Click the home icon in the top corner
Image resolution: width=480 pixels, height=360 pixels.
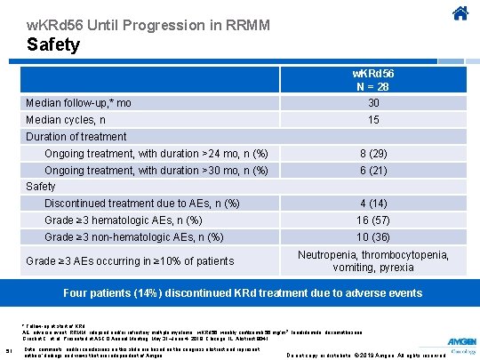point(459,14)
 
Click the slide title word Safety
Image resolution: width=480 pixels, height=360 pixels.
point(52,44)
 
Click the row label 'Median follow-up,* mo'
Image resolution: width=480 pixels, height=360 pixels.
point(79,103)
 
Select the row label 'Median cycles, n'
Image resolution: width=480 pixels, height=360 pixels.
point(66,119)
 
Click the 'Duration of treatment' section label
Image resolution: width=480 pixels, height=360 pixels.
point(76,136)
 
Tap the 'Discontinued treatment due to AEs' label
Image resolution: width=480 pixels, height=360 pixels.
point(141,204)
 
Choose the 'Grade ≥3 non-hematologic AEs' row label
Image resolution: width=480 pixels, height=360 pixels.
point(133,236)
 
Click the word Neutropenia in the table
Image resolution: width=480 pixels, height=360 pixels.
point(329,254)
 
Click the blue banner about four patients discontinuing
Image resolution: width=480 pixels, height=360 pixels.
point(240,292)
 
